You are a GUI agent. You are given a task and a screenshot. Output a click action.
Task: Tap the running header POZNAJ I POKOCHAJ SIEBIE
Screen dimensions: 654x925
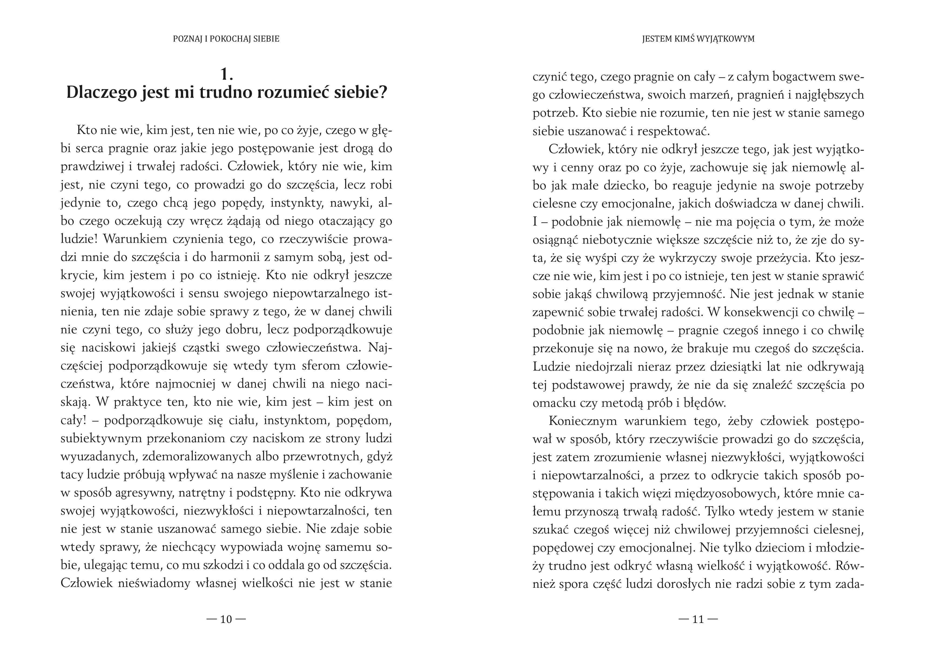[x=226, y=39]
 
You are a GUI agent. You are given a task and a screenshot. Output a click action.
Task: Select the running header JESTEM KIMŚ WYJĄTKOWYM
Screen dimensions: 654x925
[x=698, y=39]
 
